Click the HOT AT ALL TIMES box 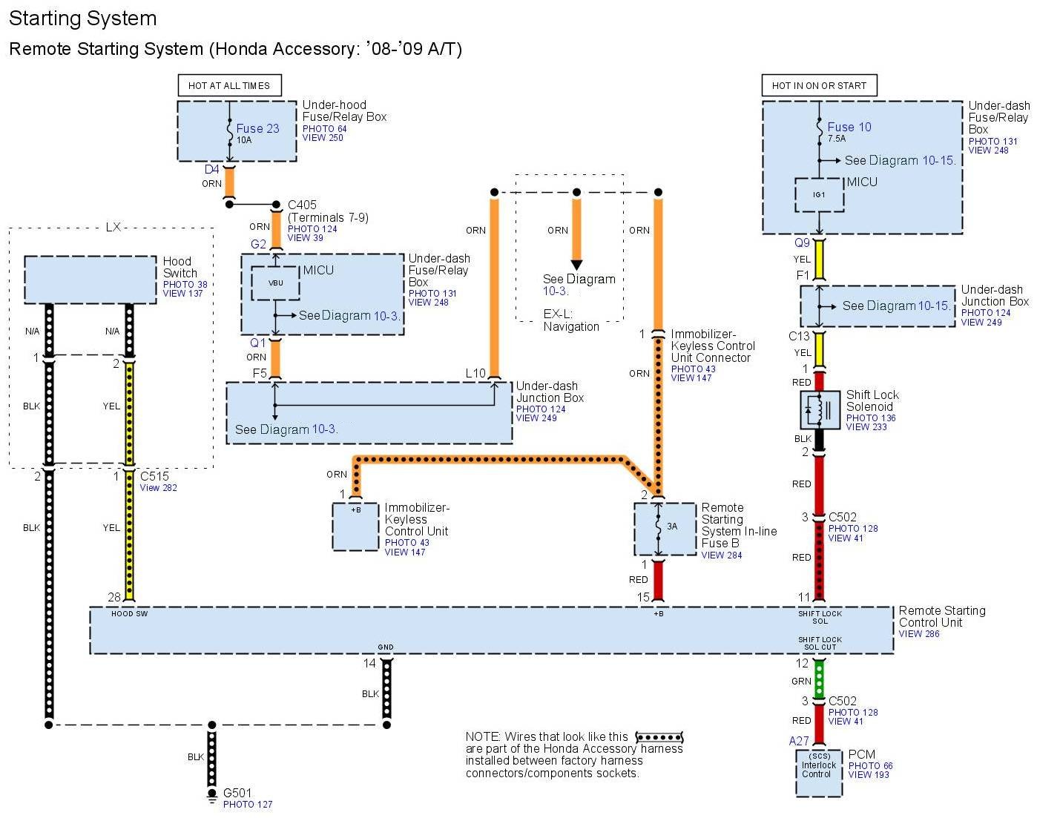[229, 85]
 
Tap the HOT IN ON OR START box [819, 85]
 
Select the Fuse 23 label [257, 128]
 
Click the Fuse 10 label [849, 127]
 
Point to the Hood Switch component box [90, 280]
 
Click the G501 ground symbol [212, 797]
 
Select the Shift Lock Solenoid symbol [819, 410]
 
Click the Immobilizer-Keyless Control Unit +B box [355, 527]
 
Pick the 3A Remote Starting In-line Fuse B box [665, 528]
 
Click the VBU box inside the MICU [275, 283]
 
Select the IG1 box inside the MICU [819, 194]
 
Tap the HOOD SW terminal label [129, 614]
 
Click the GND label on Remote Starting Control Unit [386, 647]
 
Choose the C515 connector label [154, 476]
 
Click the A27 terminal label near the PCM [798, 741]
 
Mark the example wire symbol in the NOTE [659, 737]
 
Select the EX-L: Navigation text [570, 320]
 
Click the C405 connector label [302, 205]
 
